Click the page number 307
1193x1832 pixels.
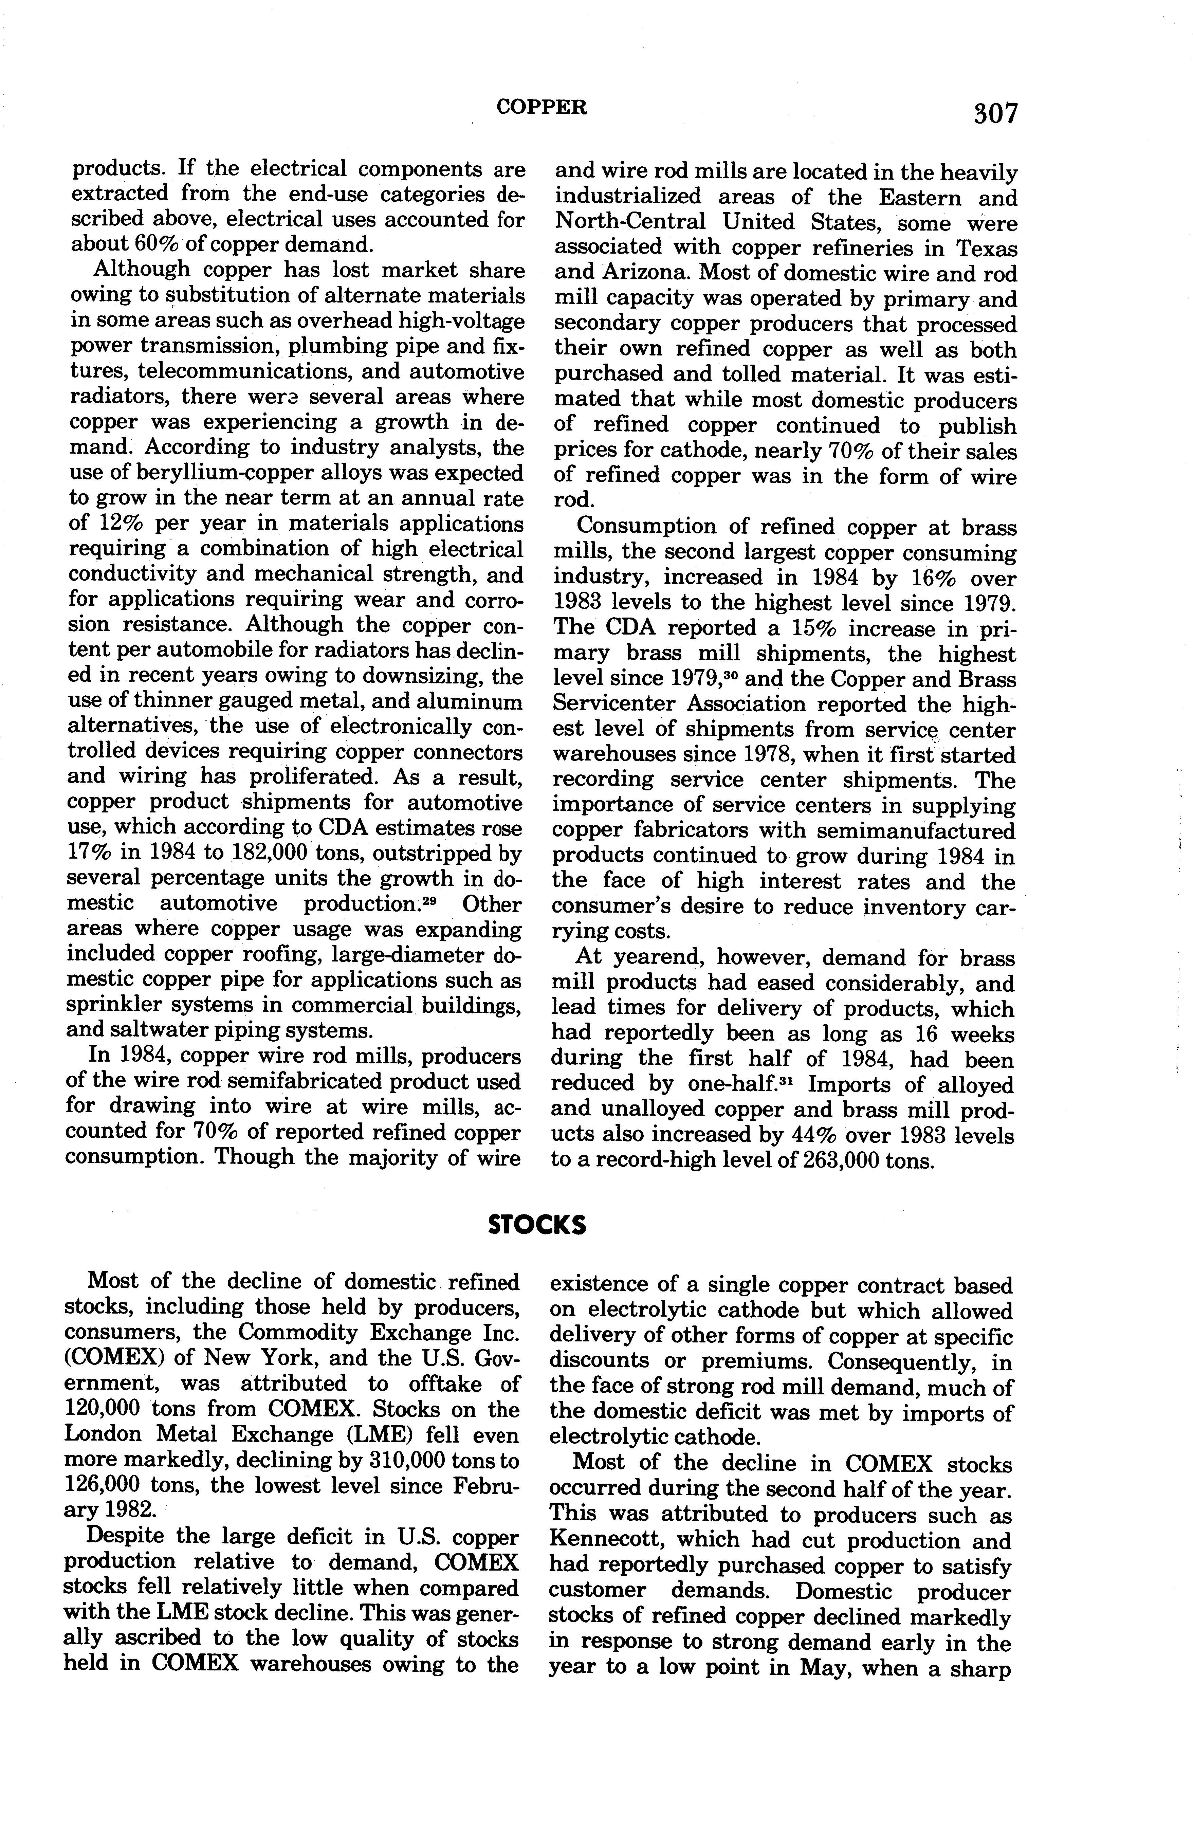(x=994, y=114)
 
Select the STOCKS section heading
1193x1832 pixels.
(x=537, y=1224)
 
